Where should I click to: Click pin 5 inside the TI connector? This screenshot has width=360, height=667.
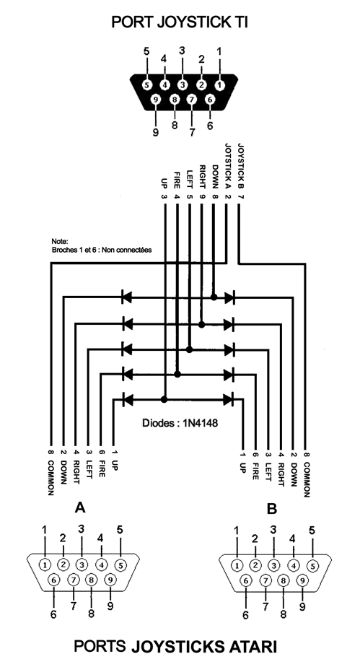pyautogui.click(x=146, y=85)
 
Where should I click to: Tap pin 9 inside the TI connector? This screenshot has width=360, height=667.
pyautogui.click(x=156, y=100)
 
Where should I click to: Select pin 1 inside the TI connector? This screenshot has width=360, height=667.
pyautogui.click(x=219, y=85)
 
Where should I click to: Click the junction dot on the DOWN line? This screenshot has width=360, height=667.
pyautogui.click(x=214, y=297)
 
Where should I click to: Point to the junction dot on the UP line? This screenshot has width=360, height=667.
pyautogui.click(x=164, y=399)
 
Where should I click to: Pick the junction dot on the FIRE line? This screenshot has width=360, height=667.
pyautogui.click(x=177, y=375)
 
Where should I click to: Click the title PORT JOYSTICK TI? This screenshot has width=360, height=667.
pyautogui.click(x=180, y=22)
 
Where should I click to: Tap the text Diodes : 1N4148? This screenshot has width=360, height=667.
pyautogui.click(x=180, y=423)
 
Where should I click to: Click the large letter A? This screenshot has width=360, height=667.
pyautogui.click(x=80, y=507)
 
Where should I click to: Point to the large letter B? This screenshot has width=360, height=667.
pyautogui.click(x=272, y=508)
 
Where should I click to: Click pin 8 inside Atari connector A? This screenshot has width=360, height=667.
pyautogui.click(x=91, y=580)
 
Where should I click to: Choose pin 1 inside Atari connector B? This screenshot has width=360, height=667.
pyautogui.click(x=237, y=566)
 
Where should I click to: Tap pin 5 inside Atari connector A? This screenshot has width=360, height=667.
pyautogui.click(x=120, y=565)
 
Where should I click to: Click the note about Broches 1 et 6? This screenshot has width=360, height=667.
pyautogui.click(x=101, y=246)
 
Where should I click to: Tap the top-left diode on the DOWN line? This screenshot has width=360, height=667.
pyautogui.click(x=127, y=297)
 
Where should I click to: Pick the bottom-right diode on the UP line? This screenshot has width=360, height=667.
pyautogui.click(x=229, y=399)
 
